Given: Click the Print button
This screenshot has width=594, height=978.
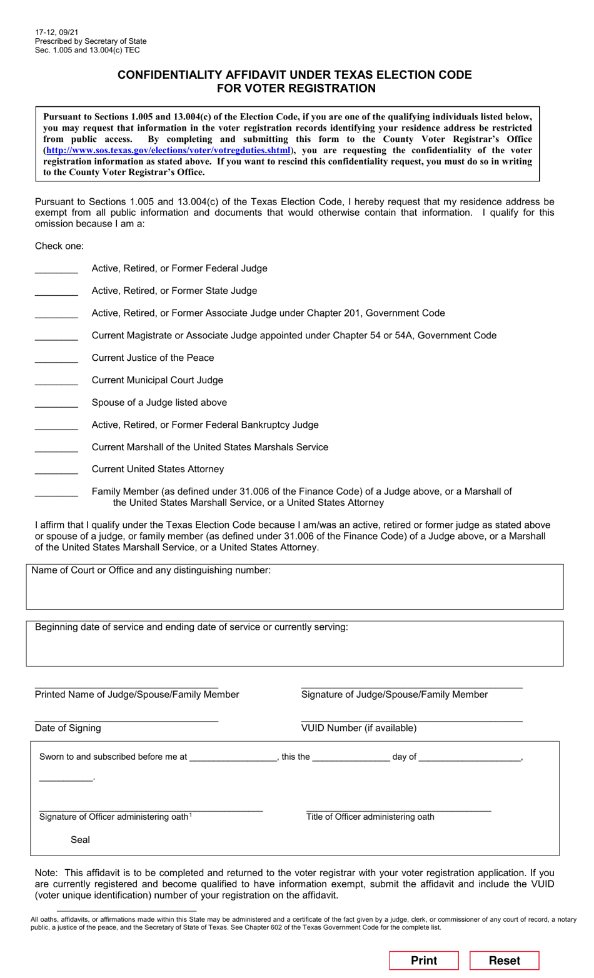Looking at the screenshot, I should [x=424, y=960].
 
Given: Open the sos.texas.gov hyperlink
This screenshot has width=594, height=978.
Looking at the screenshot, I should [x=168, y=151].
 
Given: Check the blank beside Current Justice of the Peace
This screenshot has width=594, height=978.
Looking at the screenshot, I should [x=56, y=358].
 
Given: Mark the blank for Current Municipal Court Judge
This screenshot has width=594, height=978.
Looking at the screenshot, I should [x=56, y=381].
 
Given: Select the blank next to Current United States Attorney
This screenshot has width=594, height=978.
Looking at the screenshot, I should [x=56, y=470].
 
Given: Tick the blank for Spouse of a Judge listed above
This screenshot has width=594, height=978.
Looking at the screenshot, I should [x=56, y=403].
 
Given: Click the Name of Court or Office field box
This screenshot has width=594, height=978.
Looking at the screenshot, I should [x=294, y=592].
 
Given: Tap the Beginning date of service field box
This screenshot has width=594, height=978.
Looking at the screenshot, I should [x=294, y=648].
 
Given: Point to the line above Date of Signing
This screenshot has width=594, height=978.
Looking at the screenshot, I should [x=126, y=719].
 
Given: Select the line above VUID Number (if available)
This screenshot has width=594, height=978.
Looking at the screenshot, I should [x=411, y=719].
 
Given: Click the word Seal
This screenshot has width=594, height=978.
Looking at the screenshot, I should [x=80, y=840].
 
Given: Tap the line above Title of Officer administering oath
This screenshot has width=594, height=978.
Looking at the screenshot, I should [x=398, y=809].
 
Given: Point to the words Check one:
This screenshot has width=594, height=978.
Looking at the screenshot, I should [x=59, y=246].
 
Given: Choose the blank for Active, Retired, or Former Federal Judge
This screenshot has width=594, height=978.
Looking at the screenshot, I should [x=56, y=269].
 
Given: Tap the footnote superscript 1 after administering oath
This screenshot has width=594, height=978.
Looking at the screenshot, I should [x=191, y=815].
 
